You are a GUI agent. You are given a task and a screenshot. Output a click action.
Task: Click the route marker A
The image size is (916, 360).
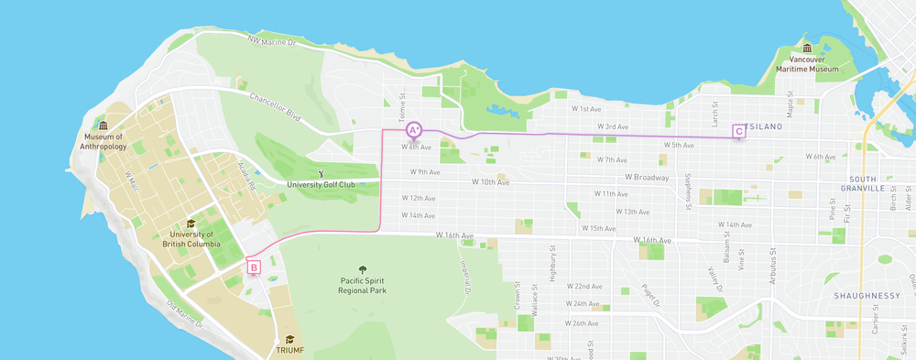point(413,130)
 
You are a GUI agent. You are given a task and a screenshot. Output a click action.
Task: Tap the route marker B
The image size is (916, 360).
point(254,267)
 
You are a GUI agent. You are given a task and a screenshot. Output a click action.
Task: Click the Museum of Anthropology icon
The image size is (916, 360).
point(103,125)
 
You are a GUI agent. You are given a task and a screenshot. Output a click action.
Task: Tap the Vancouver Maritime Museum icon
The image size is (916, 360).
point(807,49)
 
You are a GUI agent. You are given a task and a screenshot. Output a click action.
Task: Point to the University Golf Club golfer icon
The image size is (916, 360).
point(320,172)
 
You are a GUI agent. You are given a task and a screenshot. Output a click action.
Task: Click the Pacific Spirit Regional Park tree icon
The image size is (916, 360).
point(362,270)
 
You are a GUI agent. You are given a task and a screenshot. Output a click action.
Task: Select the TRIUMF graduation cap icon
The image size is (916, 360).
point(289,339)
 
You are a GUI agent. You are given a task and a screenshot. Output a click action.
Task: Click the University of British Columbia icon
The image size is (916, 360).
point(191,224)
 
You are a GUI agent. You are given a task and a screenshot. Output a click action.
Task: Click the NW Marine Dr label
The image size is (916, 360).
point(272,41)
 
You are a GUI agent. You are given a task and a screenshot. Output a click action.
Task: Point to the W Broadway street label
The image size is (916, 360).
point(648,177)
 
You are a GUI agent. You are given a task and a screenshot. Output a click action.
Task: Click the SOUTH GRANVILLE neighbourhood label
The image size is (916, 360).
point(877,183)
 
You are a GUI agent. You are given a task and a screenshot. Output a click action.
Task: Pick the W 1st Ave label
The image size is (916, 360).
point(586,108)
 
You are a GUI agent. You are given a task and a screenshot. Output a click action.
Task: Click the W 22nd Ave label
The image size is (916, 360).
point(583,286)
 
